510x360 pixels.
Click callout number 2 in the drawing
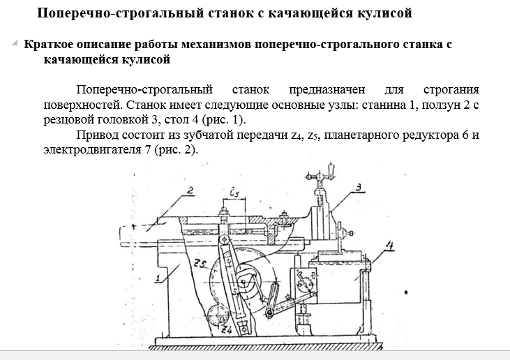190,190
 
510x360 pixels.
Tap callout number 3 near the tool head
358,187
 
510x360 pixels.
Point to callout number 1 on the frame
158,278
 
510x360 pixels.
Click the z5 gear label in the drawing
200,264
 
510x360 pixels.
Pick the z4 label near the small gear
226,330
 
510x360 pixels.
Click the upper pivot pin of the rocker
224,240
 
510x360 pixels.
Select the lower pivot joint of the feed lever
269,313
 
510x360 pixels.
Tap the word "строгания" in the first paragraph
451,89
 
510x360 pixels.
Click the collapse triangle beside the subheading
15,43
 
